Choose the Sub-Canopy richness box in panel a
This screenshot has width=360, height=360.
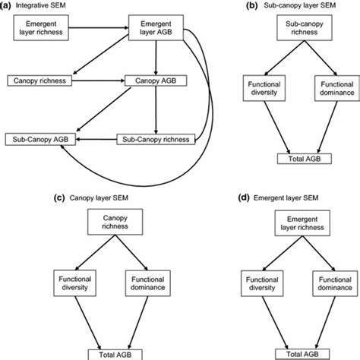pyautogui.click(x=150, y=139)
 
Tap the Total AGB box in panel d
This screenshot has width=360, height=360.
pyautogui.click(x=291, y=353)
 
